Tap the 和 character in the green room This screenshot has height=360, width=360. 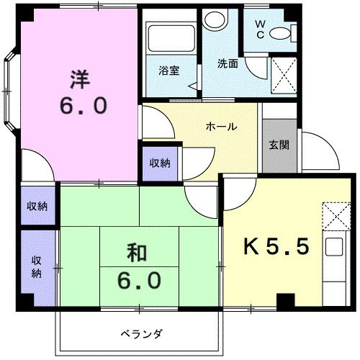click(138, 253)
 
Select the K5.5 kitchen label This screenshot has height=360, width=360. click(277, 247)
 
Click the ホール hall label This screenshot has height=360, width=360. click(221, 127)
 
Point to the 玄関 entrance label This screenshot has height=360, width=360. click(279, 145)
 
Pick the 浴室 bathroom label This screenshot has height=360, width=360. click(169, 70)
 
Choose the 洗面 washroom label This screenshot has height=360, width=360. click(228, 63)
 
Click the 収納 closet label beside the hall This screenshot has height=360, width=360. click(160, 163)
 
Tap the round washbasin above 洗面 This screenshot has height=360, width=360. click(214, 19)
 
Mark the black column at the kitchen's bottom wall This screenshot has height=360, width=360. click(285, 302)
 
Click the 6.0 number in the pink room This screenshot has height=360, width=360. click(81, 107)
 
